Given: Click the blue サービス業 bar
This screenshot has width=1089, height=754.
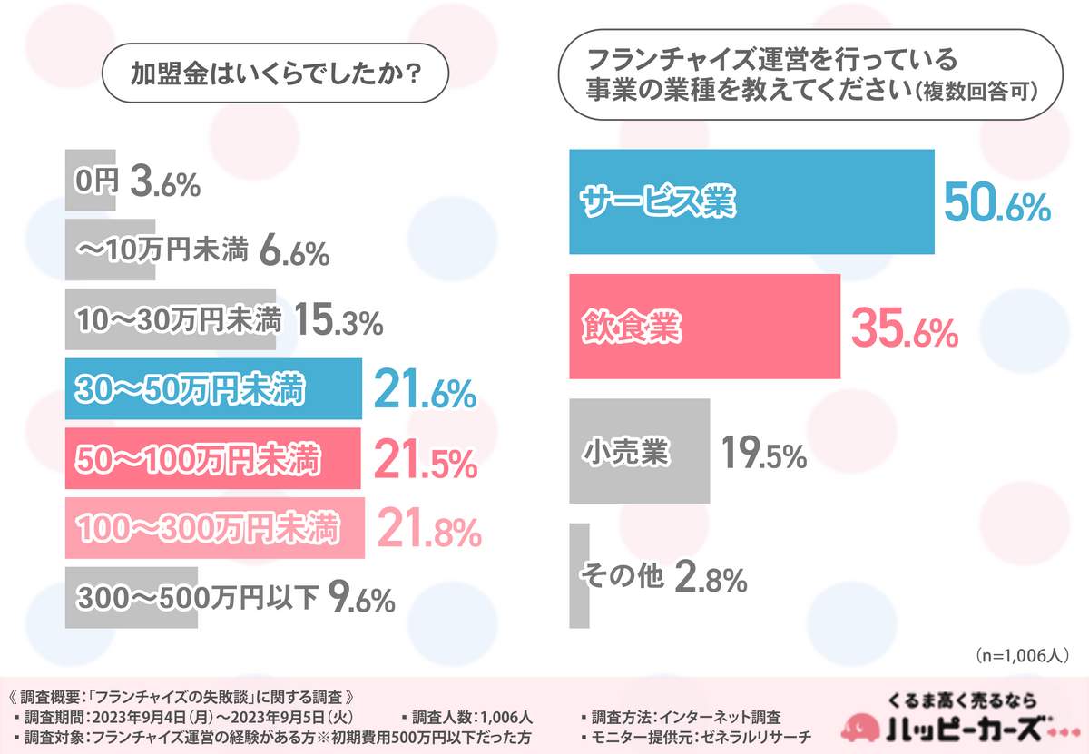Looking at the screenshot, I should click(751, 201).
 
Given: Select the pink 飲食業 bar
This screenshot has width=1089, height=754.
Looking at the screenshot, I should click(704, 327).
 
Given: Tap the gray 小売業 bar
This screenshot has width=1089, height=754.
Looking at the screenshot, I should click(639, 451).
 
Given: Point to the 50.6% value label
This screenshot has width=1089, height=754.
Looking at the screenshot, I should click(996, 203).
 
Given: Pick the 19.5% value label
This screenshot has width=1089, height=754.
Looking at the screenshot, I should click(764, 453).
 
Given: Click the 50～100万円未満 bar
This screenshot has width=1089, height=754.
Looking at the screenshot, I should click(213, 460).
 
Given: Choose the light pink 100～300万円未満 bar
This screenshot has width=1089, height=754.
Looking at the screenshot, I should click(215, 527).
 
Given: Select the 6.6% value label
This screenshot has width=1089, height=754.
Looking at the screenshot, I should click(293, 253).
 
